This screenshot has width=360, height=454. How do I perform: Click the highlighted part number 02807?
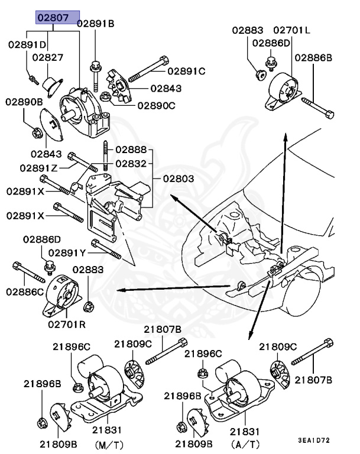[x=57, y=18]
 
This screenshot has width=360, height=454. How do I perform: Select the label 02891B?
[x=95, y=24]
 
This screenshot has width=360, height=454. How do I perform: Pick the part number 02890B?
[x=25, y=102]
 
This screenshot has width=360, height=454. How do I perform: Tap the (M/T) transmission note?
[x=109, y=443]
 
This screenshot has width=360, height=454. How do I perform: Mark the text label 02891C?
[x=186, y=72]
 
